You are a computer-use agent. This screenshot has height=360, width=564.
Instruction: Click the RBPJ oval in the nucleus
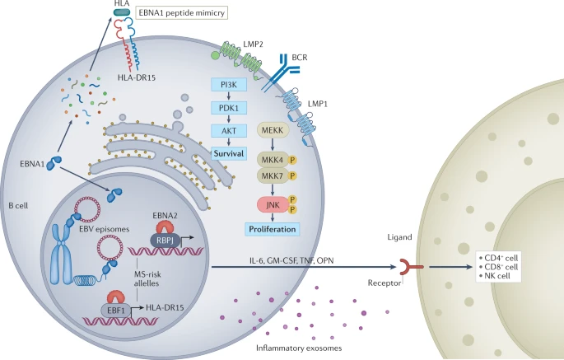coord(163,238)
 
